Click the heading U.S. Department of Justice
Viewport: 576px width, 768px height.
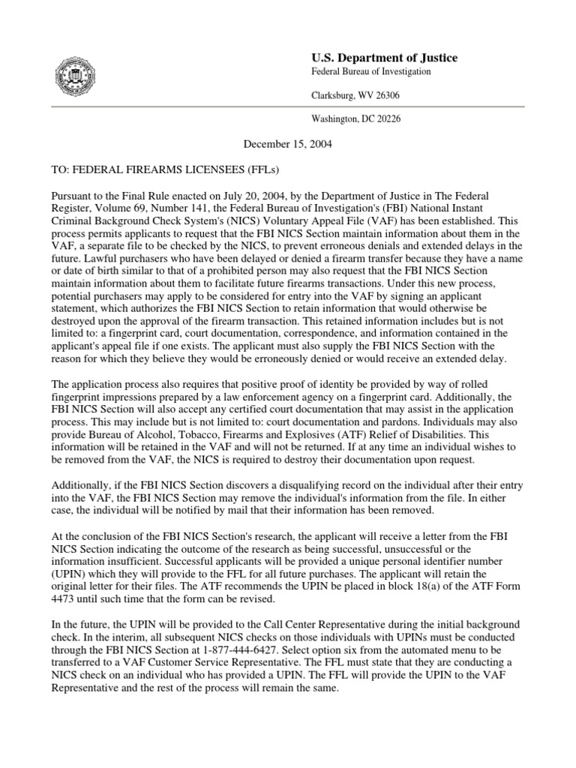click(x=384, y=58)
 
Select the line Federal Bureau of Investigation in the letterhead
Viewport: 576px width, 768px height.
click(x=370, y=72)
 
